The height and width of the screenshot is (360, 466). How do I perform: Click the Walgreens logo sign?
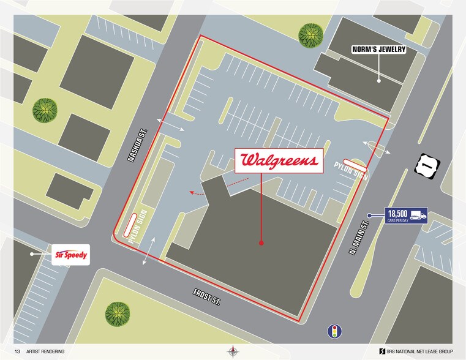coord(280,160)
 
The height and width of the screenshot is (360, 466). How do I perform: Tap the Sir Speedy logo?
coord(71,255)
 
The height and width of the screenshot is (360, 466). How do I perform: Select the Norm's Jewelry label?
coord(378,50)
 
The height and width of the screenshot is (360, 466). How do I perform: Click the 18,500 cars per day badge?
coord(406,216)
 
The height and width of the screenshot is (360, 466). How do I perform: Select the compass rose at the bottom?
coord(233,351)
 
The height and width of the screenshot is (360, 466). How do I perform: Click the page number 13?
coord(17,351)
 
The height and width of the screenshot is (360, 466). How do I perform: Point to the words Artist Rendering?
coord(45,351)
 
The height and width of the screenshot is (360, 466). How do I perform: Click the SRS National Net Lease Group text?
coord(419,351)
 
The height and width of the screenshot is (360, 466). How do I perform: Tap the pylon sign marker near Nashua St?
coord(130,225)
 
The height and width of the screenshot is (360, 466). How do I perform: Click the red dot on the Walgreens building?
coord(261,243)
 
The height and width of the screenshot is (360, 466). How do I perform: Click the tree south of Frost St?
coord(118,314)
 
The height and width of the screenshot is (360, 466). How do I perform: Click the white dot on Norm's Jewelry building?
coord(379,80)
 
